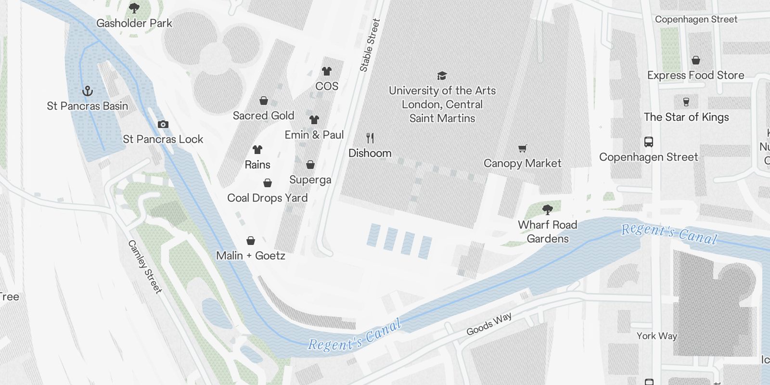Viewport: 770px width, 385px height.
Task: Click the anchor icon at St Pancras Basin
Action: pos(88,90)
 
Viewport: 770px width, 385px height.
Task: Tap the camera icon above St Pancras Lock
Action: pos(163,124)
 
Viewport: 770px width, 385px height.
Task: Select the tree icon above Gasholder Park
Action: pos(134,8)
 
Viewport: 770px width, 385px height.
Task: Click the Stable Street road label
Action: pos(370,46)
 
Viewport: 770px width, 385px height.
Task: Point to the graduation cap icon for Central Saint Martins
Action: pos(442,76)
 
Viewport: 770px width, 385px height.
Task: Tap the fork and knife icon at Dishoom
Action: pos(370,138)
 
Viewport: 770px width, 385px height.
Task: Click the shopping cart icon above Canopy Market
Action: pos(522,148)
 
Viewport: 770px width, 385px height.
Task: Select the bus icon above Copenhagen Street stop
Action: pos(648,142)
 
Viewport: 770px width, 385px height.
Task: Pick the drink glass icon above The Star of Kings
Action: pos(686,102)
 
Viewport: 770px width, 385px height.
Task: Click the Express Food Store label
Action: pos(695,75)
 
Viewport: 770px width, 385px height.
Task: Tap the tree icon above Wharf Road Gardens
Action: pos(547,209)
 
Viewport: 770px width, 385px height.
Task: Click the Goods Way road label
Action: pos(489,324)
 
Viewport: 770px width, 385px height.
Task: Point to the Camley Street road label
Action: pos(144,267)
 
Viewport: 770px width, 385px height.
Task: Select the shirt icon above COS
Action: pos(327,71)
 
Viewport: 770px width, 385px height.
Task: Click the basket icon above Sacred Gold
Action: pos(264,101)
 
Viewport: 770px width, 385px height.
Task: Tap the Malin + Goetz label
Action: pos(251,256)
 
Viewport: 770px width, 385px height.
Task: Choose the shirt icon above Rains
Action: pos(257,150)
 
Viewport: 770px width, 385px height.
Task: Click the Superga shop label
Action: pos(310,180)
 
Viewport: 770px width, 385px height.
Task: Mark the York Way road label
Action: pos(656,336)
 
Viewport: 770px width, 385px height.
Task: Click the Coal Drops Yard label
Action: pos(267,198)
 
